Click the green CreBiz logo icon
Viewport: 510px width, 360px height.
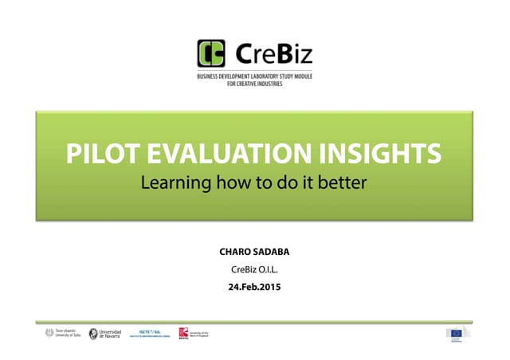coord(212,54)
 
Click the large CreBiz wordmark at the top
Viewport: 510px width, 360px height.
coord(274,54)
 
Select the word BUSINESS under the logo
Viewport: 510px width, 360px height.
coord(211,76)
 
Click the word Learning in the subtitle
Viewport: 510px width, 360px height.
coord(171,182)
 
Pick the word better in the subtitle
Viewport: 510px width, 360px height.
coord(343,182)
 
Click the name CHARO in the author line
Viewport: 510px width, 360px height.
coord(236,252)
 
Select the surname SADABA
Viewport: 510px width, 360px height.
coord(272,252)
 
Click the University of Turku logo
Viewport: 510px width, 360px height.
coord(64,334)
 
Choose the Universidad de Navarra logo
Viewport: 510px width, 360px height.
coord(105,334)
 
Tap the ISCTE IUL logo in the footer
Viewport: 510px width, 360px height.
coord(150,333)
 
